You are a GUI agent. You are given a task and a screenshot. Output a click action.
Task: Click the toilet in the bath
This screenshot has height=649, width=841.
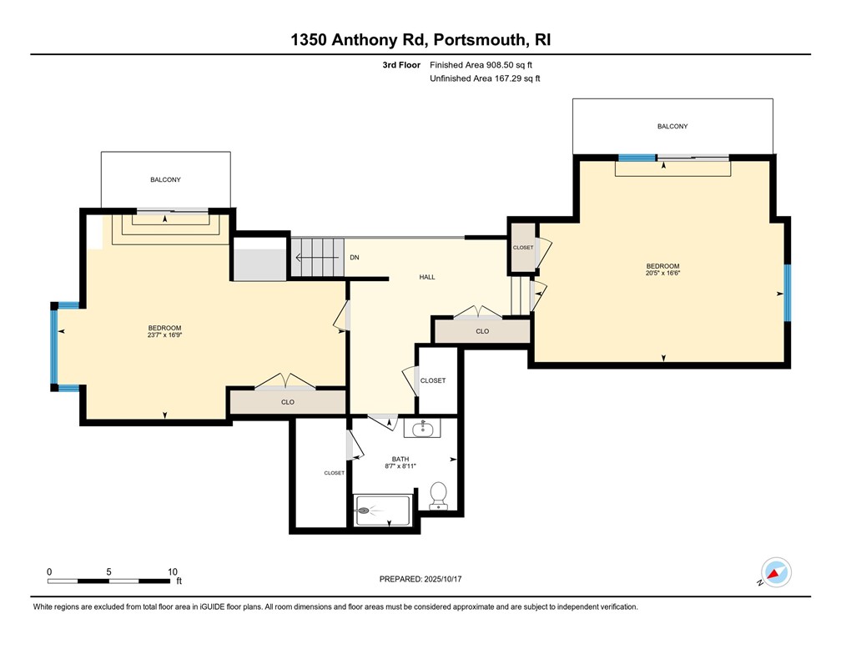coord(439,496)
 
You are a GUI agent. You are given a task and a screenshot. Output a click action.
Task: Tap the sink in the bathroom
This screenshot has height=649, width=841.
coord(422,428)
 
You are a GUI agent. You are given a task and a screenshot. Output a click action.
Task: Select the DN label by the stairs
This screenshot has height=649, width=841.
coord(355,258)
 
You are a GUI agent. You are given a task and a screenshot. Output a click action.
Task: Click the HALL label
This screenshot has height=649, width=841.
coord(427,277)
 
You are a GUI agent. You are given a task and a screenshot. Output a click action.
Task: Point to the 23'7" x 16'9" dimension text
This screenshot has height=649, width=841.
coord(164,335)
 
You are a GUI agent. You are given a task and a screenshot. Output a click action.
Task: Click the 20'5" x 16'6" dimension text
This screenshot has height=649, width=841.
coord(663,273)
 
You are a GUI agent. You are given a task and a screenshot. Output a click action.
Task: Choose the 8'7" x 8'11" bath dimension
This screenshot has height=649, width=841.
coord(400,466)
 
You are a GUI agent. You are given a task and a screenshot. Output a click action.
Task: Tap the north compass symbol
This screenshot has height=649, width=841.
coord(776,572)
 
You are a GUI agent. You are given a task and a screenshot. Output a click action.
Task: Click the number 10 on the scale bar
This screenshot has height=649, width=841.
coord(172,571)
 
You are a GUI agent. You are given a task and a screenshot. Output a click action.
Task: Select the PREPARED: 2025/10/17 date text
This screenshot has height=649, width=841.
coord(420,579)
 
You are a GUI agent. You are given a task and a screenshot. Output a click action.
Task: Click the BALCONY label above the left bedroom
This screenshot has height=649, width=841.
coord(165,179)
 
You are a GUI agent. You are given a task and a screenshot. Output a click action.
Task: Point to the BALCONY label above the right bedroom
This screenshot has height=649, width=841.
coord(672,127)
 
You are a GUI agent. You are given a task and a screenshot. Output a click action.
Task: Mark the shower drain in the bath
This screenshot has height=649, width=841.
coord(363,511)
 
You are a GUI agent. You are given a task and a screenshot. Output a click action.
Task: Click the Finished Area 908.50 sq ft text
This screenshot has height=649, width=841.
coord(481,65)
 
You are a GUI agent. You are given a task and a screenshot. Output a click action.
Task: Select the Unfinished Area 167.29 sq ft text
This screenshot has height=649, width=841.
coord(485,78)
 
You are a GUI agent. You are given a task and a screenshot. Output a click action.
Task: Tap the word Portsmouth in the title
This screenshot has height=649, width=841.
coord(479,40)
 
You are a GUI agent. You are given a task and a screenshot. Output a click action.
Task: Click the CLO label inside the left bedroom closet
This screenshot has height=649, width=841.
coord(288,402)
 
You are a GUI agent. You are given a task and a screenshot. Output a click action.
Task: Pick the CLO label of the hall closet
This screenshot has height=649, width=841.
coord(482,331)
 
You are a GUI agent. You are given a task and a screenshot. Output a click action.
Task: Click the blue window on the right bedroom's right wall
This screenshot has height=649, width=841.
coord(788,293)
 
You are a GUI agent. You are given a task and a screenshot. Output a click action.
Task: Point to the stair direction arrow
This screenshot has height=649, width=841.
coord(320,258)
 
